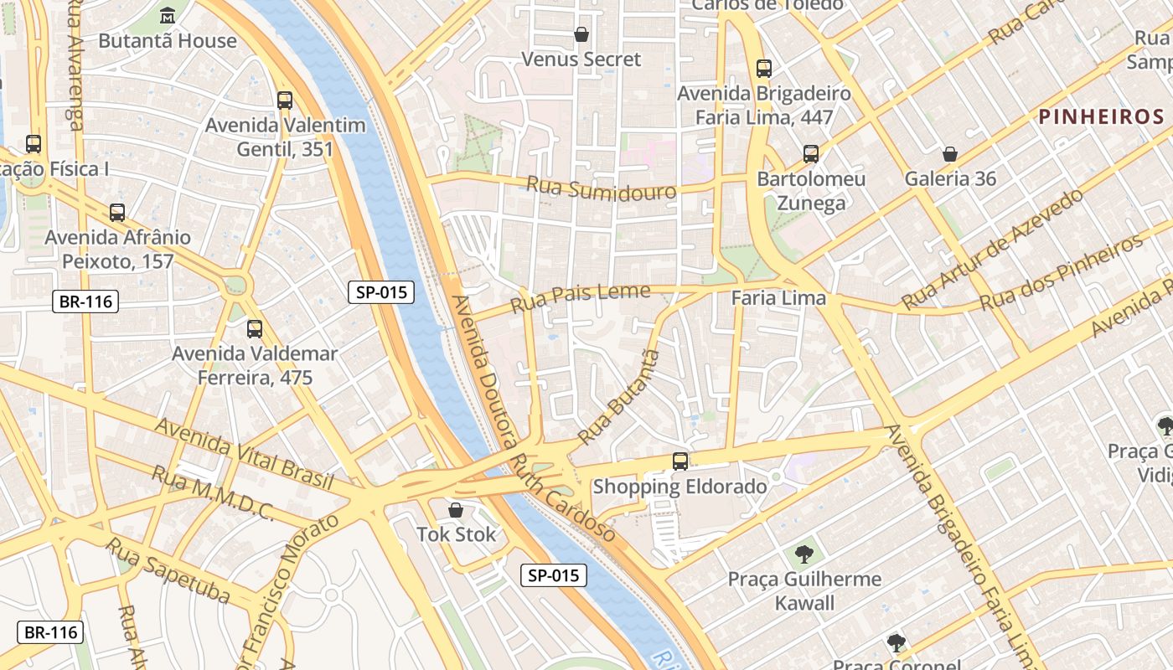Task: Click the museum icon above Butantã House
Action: click(167, 15)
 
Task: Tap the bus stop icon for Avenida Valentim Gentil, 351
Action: click(285, 100)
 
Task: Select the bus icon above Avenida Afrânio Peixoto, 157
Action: click(117, 213)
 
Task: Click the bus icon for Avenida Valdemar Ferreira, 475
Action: click(255, 329)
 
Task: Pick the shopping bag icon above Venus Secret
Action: click(581, 34)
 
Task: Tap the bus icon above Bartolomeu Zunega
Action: click(810, 154)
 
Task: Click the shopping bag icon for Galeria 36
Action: click(950, 154)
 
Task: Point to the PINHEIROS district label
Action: click(1101, 116)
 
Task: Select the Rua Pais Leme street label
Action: click(580, 296)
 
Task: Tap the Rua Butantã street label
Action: click(618, 398)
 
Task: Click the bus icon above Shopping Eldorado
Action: click(680, 461)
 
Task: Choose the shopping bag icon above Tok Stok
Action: click(456, 510)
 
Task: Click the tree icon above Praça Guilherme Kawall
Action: click(804, 554)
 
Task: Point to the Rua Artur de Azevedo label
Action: click(992, 250)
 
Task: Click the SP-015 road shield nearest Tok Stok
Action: click(553, 575)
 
